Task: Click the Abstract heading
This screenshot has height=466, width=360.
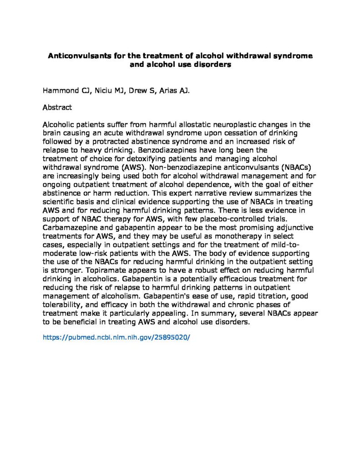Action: pos(57,108)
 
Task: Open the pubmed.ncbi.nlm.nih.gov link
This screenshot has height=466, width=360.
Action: pos(116,338)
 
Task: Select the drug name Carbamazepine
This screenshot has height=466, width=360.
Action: pos(69,223)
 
